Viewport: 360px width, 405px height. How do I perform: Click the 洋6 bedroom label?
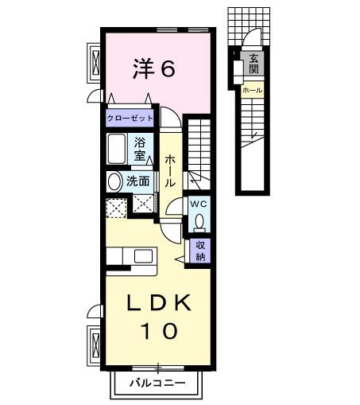pyautogui.click(x=153, y=69)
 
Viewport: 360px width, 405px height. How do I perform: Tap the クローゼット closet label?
pyautogui.click(x=131, y=117)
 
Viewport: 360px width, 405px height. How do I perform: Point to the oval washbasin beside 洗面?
pyautogui.click(x=114, y=181)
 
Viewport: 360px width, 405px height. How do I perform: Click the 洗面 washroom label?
pyautogui.click(x=138, y=181)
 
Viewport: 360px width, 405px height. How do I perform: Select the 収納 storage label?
pyautogui.click(x=201, y=251)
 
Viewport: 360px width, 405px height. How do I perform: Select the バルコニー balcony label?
pyautogui.click(x=159, y=384)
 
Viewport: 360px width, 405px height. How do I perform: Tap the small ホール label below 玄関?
pyautogui.click(x=251, y=91)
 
